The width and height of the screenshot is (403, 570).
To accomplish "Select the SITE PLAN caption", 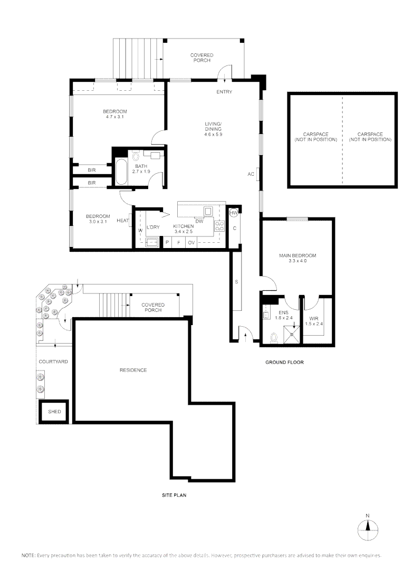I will pos(175,496).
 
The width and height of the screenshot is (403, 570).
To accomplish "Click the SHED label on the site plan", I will pos(54,412).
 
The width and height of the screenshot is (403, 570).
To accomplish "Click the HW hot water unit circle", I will pos(234,212).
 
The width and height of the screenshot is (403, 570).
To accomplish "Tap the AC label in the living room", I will pos(251,174).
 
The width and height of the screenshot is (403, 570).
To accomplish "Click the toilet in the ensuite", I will pos(273,336).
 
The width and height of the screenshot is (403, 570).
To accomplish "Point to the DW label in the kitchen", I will pos(199,221).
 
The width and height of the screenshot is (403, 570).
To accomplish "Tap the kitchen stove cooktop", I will pos(220,227).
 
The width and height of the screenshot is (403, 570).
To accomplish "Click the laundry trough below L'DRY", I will pos(151,242).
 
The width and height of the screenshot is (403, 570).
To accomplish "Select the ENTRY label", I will pos(224,92).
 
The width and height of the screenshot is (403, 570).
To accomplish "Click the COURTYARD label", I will pos(53,362).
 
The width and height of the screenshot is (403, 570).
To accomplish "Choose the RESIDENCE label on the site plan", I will pos(133,370).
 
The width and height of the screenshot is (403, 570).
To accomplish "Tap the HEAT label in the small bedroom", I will pos(122,221).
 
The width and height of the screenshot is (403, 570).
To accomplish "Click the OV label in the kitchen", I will pos(191,242).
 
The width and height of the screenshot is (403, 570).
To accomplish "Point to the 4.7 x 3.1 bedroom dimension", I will pos(114,117).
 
